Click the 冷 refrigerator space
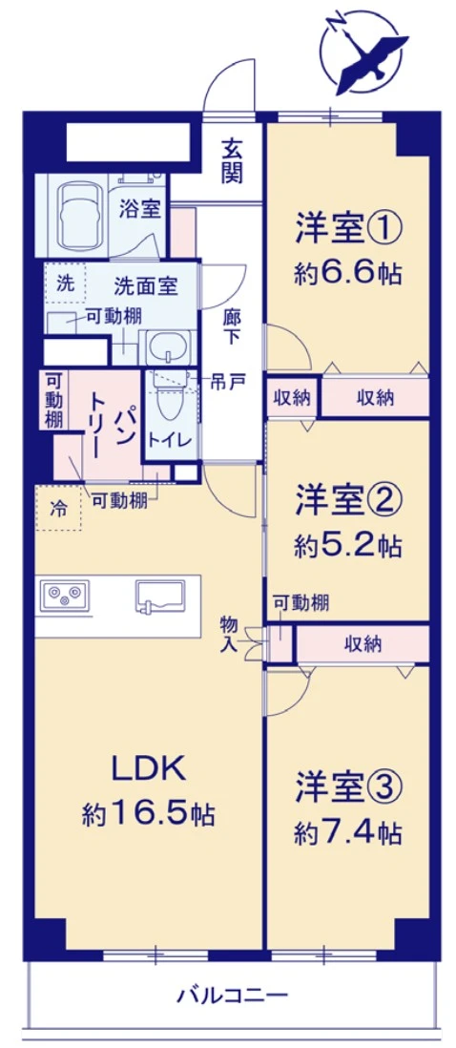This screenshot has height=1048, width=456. (x=58, y=508)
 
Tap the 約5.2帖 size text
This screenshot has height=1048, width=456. (x=347, y=546)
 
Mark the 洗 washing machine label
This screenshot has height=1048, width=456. (x=64, y=283)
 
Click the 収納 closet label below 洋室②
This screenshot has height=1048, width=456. (x=363, y=644)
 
